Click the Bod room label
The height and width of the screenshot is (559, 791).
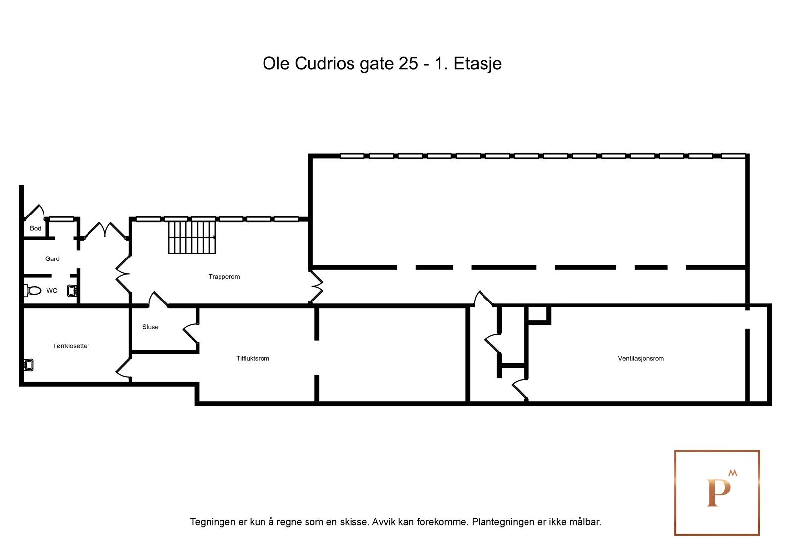click(x=35, y=228)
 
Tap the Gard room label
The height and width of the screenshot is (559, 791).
click(x=52, y=258)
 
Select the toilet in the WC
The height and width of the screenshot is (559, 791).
click(x=33, y=290)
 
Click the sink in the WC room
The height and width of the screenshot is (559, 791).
click(x=72, y=291)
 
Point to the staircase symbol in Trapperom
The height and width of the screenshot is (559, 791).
click(x=192, y=237)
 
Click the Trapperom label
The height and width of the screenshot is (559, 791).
click(x=224, y=277)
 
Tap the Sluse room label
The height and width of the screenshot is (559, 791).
click(x=150, y=327)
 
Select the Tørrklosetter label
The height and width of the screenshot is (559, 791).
click(x=71, y=346)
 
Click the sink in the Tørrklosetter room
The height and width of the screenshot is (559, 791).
click(x=28, y=365)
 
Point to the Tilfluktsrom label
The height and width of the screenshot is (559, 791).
click(x=253, y=358)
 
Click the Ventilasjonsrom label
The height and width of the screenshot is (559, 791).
click(x=641, y=358)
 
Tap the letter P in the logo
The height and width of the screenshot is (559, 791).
click(x=718, y=493)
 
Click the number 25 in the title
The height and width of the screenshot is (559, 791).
click(x=408, y=64)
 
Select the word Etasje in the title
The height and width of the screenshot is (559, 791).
click(x=477, y=64)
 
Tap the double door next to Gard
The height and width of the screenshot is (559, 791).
click(x=104, y=230)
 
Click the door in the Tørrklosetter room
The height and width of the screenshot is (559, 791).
click(x=123, y=370)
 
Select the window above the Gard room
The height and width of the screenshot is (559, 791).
click(x=62, y=219)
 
